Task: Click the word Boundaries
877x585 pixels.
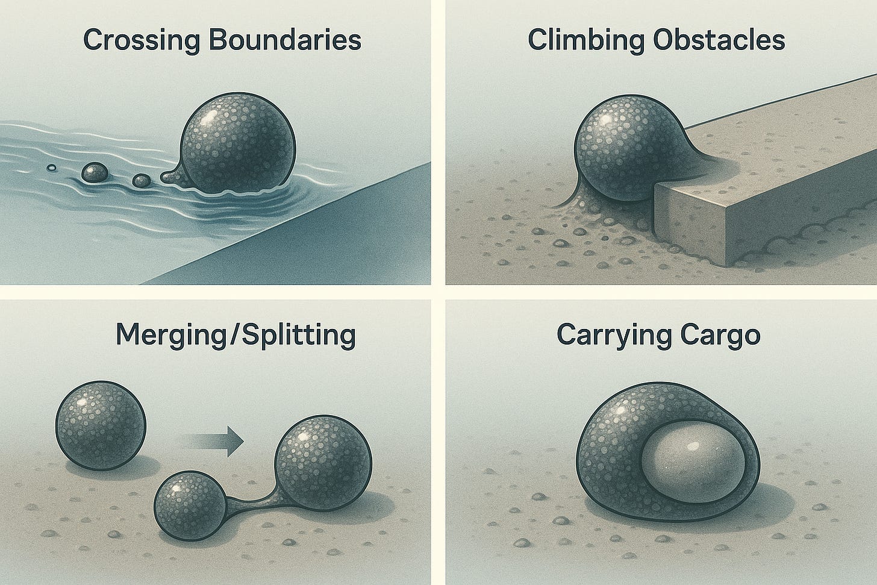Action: [275, 40]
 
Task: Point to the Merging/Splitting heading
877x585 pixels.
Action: [236, 335]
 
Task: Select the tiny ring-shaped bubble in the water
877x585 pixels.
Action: [52, 167]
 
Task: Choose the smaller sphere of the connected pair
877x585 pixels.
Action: [189, 501]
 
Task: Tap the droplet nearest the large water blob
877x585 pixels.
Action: [142, 180]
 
